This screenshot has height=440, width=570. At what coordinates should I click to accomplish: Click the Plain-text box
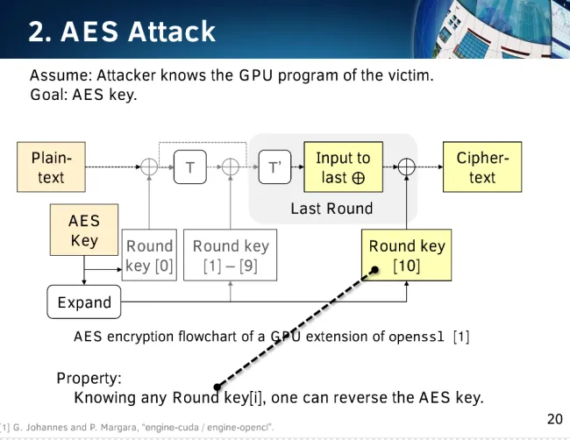(x=51, y=167)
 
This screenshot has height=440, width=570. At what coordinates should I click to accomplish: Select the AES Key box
(x=84, y=230)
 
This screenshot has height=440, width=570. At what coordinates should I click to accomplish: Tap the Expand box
(x=84, y=302)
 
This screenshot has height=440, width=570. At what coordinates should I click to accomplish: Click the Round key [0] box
(x=149, y=255)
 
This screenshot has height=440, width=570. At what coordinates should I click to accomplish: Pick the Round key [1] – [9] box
(x=230, y=255)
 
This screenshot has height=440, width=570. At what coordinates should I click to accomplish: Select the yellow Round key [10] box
(x=406, y=255)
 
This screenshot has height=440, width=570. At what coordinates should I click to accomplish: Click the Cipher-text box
(x=482, y=167)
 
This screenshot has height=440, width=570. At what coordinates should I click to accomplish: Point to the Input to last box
(x=343, y=167)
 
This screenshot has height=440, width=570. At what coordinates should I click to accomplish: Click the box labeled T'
(x=274, y=167)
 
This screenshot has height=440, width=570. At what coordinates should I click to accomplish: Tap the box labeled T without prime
(x=190, y=167)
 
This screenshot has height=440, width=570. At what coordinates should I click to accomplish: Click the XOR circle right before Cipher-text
(x=407, y=167)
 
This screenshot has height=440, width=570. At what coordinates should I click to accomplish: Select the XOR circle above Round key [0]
(x=149, y=167)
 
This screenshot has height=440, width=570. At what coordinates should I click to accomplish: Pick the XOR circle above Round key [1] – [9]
(x=231, y=167)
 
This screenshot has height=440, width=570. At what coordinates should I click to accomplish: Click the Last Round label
(x=331, y=209)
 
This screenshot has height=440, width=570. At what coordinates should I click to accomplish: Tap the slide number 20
(x=555, y=419)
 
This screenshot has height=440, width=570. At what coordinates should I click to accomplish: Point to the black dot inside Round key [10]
(x=374, y=270)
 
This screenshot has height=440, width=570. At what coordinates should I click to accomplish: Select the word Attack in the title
(x=172, y=32)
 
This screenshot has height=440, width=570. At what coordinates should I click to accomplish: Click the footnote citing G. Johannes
(x=137, y=427)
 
